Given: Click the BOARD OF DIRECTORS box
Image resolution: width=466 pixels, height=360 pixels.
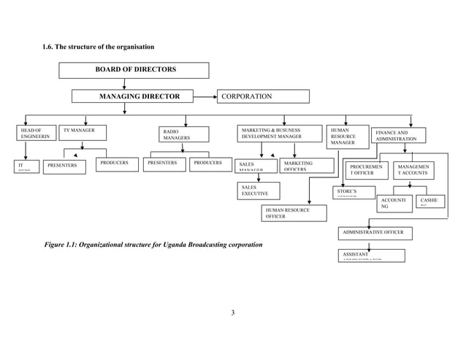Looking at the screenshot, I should tap(135, 70).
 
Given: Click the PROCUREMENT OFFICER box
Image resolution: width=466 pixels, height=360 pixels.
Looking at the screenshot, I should tap(366, 170).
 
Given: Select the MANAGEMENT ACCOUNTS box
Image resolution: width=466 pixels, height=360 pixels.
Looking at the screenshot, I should tap(414, 170).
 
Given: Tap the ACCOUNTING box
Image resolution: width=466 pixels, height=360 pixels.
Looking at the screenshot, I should tap(394, 203).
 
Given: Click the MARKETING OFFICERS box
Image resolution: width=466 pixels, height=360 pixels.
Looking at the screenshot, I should tap(299, 166).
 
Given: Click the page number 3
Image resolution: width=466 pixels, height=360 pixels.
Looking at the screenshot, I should tap(232, 314).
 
